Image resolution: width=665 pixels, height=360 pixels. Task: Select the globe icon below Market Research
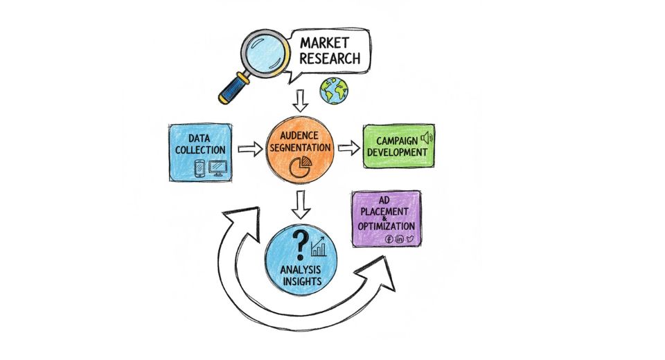pos(334,91)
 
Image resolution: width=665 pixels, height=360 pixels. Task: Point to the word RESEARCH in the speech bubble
pos(330,58)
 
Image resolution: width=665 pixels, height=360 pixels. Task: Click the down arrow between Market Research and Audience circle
pos(299,101)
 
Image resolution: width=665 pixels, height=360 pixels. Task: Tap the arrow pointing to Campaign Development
pos(348,147)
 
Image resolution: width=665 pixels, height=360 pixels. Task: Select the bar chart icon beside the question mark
pos(319,246)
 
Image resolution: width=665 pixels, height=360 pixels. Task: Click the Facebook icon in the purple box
pos(389,239)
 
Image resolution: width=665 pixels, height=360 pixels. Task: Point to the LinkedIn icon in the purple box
pos(400,239)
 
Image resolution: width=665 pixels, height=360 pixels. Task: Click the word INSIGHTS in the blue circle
pos(299,282)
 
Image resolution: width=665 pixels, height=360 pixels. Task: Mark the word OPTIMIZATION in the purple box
pos(387,226)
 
